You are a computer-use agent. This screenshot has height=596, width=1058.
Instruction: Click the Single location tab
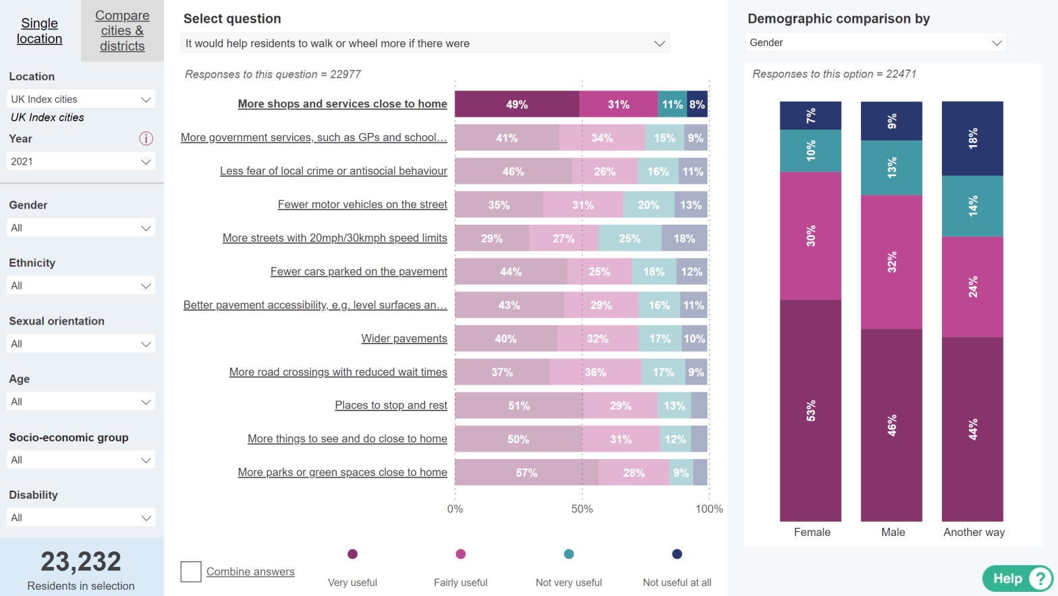point(40,31)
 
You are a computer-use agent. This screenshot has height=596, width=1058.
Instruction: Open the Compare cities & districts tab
point(122,31)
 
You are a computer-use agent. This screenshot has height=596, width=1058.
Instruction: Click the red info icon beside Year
point(146,138)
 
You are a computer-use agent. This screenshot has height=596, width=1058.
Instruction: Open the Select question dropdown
point(425,43)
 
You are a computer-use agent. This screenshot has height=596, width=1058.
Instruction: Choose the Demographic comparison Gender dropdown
point(875,43)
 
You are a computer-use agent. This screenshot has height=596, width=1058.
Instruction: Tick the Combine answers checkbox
point(191,572)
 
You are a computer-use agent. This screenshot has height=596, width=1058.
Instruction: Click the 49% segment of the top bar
point(517,105)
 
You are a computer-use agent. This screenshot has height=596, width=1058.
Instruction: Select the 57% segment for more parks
point(526,472)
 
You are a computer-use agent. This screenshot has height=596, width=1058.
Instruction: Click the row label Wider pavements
point(403,338)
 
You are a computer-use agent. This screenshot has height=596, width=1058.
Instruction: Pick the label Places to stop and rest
point(391,405)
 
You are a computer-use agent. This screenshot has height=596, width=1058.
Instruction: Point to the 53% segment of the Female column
point(810,410)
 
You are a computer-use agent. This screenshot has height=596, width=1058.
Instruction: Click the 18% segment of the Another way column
point(972,138)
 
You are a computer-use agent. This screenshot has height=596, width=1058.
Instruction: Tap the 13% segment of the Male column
point(891,168)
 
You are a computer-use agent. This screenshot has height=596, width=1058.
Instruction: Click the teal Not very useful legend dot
point(569,554)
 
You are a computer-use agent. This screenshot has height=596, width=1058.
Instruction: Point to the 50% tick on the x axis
point(582,509)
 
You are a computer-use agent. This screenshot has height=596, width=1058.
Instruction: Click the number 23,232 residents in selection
point(81,562)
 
